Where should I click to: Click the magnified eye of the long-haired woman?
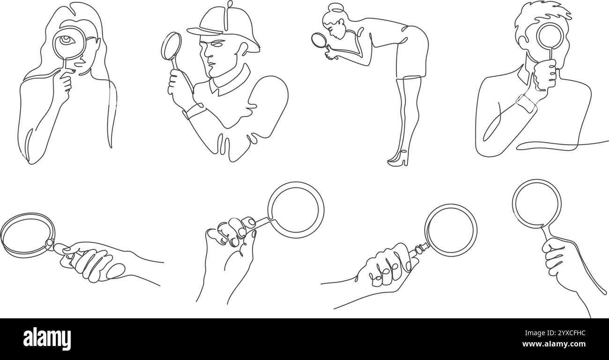click(66, 40)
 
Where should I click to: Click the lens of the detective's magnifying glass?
click(171, 46)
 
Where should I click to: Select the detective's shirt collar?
click(230, 81)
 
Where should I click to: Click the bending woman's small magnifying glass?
click(319, 41)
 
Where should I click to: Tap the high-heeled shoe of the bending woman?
click(398, 159)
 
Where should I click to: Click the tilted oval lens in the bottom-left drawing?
click(28, 235)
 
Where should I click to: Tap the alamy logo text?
click(47, 338)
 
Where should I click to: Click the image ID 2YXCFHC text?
click(555, 333)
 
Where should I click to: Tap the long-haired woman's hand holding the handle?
click(63, 84)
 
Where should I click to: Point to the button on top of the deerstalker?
click(230, 4)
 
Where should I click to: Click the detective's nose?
click(208, 53)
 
